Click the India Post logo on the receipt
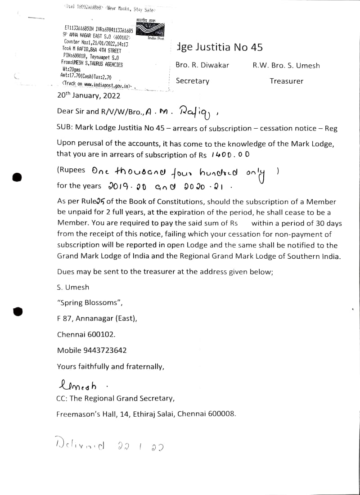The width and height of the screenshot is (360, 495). [152, 30]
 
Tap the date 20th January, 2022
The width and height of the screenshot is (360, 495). [89, 95]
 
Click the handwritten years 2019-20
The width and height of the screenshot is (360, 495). [127, 186]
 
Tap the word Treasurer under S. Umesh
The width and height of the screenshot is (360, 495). [286, 81]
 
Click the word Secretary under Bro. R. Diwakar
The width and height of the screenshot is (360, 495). [192, 81]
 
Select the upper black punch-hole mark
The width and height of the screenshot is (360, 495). [17, 177]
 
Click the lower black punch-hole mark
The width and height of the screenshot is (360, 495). [17, 311]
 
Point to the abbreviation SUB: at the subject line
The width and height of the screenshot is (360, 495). [65, 128]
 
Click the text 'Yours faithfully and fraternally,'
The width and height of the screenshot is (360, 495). [110, 366]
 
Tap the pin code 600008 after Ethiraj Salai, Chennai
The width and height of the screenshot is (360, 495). [220, 414]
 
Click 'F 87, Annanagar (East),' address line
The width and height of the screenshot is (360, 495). [97, 319]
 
